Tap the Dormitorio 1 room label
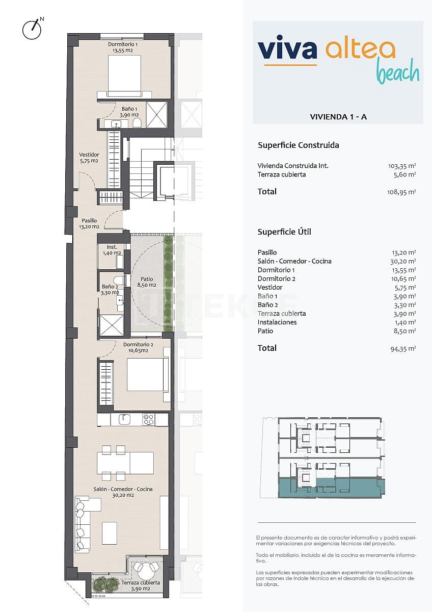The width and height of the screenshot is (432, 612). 122,47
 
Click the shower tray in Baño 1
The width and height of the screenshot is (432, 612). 157,114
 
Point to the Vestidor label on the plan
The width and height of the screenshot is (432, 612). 89,158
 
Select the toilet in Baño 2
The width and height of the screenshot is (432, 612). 119,280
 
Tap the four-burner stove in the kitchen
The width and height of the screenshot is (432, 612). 148,419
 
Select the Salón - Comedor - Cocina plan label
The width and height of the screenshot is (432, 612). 123,492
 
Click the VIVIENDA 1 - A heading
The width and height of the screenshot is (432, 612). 338,117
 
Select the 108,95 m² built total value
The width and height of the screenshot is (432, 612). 401,192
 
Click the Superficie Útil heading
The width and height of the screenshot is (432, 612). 284,232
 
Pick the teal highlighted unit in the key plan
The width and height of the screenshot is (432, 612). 331,487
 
